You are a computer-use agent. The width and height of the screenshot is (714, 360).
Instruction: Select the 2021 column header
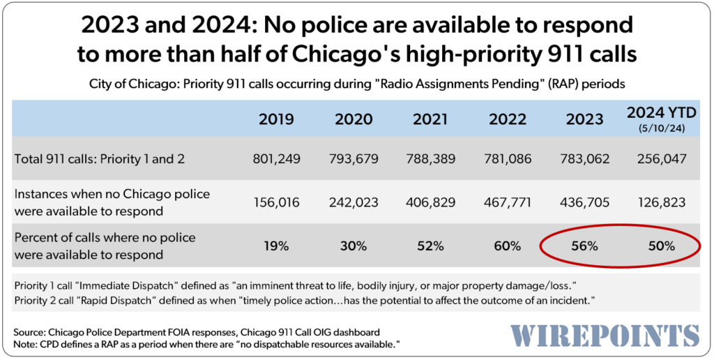pyautogui.click(x=430, y=119)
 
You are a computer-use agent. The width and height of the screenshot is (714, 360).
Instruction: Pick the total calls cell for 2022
pyautogui.click(x=506, y=159)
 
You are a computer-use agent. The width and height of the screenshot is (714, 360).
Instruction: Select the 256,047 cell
pyautogui.click(x=660, y=159)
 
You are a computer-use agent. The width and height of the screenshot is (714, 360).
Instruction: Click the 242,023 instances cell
pyautogui.click(x=353, y=202)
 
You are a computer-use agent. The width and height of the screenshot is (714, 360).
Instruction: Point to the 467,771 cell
pyautogui.click(x=506, y=202)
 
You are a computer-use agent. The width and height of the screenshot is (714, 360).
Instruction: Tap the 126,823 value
pyautogui.click(x=660, y=202)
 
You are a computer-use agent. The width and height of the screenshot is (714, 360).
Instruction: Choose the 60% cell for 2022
pyautogui.click(x=506, y=246)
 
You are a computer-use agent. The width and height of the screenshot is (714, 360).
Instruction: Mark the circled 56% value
pyautogui.click(x=584, y=246)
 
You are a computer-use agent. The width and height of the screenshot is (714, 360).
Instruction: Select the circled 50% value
pyautogui.click(x=660, y=246)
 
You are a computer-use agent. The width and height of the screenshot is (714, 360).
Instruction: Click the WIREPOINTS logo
pyautogui.click(x=605, y=334)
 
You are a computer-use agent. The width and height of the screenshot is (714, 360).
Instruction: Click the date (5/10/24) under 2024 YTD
pyautogui.click(x=660, y=128)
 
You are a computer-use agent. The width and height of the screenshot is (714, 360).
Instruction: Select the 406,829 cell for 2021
pyautogui.click(x=430, y=202)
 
